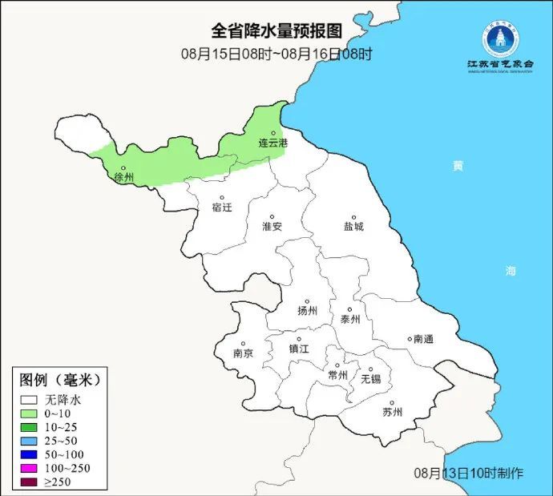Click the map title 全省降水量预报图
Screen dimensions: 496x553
[x=276, y=30]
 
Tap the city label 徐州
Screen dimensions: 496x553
[x=124, y=177]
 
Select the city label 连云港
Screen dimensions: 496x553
[x=272, y=143]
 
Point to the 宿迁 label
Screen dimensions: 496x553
[x=222, y=208]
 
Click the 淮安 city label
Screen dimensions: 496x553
[x=272, y=227]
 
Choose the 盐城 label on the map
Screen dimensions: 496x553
[x=353, y=227]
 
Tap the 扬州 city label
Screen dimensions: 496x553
[x=307, y=311]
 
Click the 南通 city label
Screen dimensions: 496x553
[x=422, y=339]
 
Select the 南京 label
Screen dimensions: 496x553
[x=243, y=353]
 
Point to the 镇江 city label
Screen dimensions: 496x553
[x=299, y=349]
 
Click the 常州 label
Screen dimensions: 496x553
[x=338, y=374]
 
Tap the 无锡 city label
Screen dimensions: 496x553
[x=370, y=377]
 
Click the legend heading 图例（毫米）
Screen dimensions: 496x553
[x=61, y=379]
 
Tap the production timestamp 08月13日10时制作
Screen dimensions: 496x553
[x=469, y=473]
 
